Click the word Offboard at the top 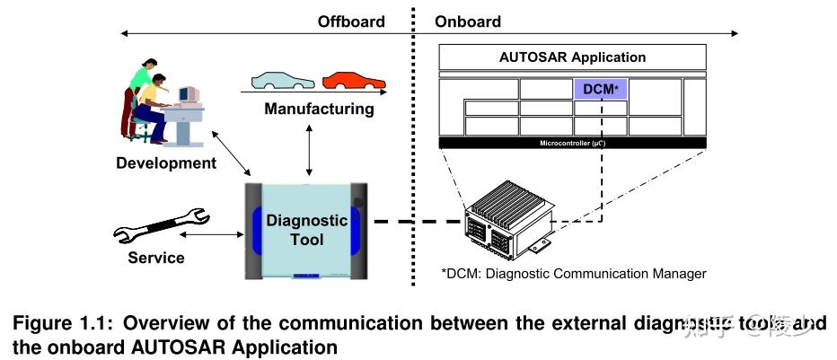350,21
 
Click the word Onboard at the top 468,21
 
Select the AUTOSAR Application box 572,57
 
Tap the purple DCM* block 601,89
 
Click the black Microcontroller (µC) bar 572,143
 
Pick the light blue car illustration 283,82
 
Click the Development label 166,163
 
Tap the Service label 155,258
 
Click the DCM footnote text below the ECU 573,273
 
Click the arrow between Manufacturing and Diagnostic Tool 310,150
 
